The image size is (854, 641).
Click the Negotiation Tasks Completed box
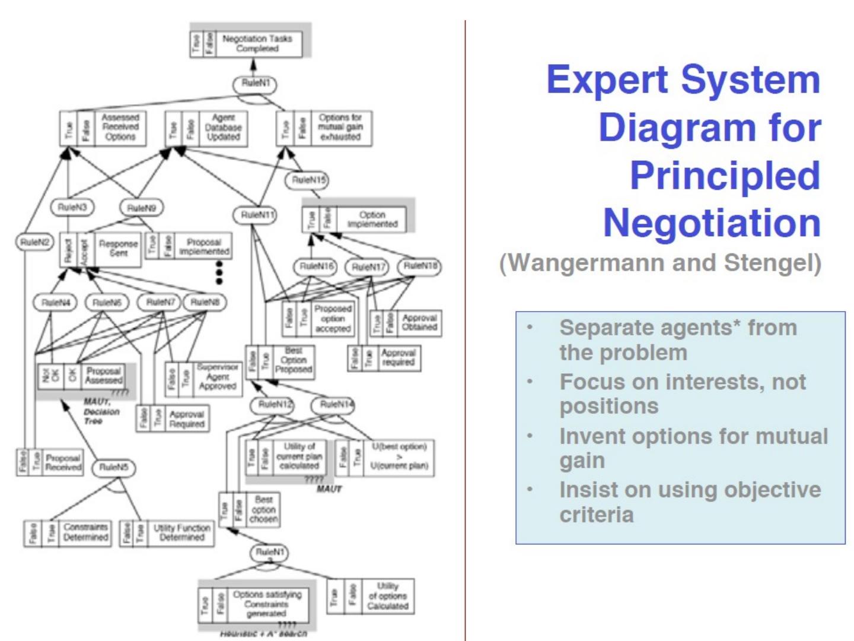click(x=249, y=43)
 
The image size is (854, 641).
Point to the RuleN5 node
click(x=113, y=468)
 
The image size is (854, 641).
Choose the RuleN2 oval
click(x=35, y=242)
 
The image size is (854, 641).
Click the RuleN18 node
click(x=420, y=266)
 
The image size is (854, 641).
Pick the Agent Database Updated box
click(x=206, y=128)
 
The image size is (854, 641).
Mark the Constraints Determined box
click(x=68, y=532)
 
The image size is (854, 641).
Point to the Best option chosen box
click(x=249, y=510)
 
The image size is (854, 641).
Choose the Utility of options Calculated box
click(x=370, y=596)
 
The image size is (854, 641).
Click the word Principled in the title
click(x=725, y=176)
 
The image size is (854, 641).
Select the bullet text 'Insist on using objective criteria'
click(x=690, y=502)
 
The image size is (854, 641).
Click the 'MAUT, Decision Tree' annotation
click(x=101, y=411)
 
